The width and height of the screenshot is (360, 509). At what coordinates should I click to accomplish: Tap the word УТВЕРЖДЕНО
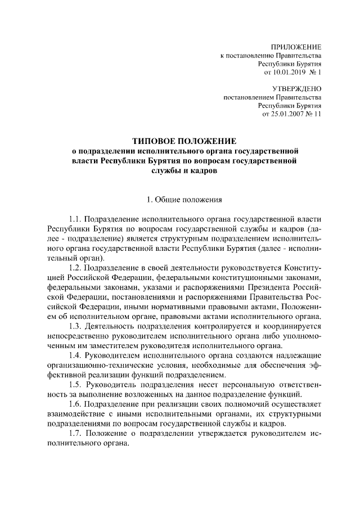pyautogui.click(x=297, y=88)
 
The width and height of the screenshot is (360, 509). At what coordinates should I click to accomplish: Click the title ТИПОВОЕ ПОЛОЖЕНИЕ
pyautogui.click(x=184, y=140)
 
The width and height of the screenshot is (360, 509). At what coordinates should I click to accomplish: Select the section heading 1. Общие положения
pyautogui.click(x=184, y=199)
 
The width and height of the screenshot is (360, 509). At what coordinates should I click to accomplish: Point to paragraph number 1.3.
pyautogui.click(x=75, y=326)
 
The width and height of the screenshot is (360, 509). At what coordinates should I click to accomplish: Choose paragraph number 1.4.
pyautogui.click(x=75, y=356)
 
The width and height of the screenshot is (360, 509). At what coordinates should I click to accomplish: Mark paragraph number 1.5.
pyautogui.click(x=75, y=385)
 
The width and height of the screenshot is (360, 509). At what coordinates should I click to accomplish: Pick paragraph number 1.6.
pyautogui.click(x=75, y=404)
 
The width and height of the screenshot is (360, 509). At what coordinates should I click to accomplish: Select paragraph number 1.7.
pyautogui.click(x=75, y=434)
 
